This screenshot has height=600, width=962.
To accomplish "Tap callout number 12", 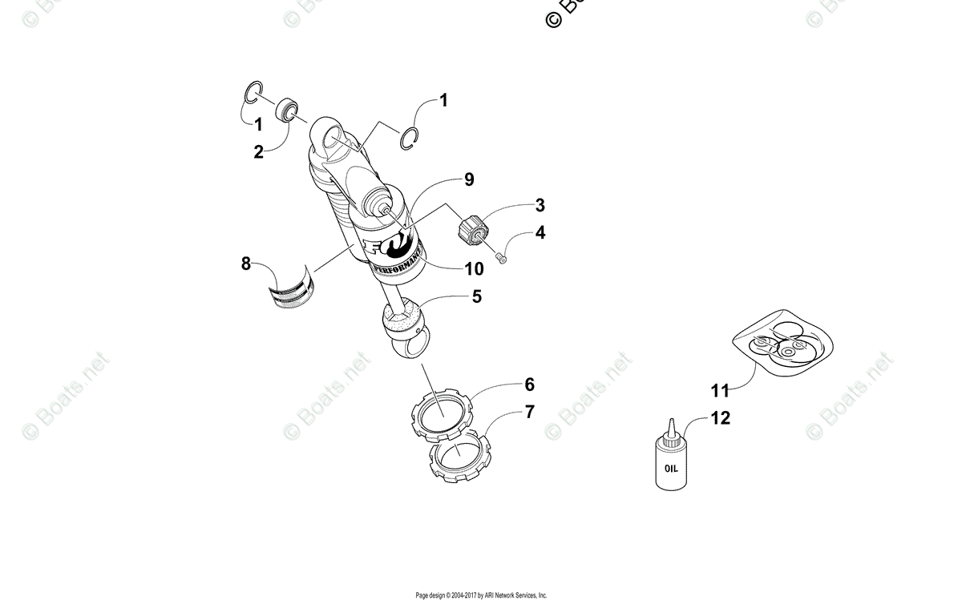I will click(x=720, y=418).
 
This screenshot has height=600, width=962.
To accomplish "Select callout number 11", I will click(x=720, y=390).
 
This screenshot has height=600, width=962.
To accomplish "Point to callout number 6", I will click(x=529, y=385).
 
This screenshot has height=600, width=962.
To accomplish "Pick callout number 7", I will click(x=529, y=412).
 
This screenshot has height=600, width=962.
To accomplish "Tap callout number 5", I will click(x=476, y=296).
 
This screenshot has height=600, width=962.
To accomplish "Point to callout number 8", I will click(x=247, y=263).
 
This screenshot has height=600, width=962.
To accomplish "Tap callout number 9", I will click(x=469, y=179).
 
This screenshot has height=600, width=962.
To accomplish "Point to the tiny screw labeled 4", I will click(x=502, y=257).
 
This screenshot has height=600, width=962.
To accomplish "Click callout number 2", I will click(x=258, y=151).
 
